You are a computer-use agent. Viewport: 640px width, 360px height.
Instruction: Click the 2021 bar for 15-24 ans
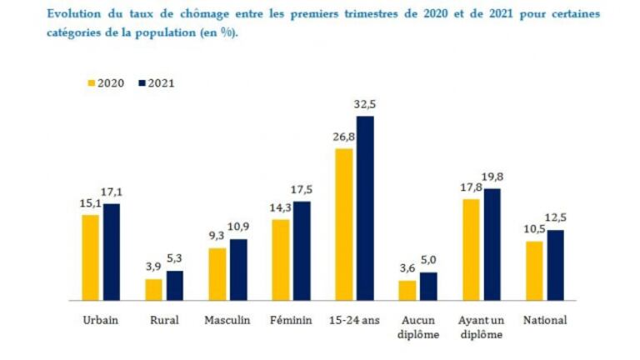[x=364, y=207]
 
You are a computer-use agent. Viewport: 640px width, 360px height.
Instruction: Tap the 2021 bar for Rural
[x=174, y=285]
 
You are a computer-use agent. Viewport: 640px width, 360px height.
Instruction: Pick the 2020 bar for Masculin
[x=217, y=273]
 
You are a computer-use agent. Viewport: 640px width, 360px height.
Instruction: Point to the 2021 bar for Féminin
[x=301, y=250]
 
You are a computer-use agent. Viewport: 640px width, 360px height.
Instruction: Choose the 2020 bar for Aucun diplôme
[x=407, y=290]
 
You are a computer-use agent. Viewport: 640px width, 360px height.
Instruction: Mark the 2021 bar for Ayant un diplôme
[x=492, y=244]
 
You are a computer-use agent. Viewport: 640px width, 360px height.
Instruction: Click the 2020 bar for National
[x=534, y=270]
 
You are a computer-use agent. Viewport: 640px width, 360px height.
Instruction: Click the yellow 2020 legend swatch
[x=92, y=83]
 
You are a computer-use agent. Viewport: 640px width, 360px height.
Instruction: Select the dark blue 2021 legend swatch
[x=142, y=83]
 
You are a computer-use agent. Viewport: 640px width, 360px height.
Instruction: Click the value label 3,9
[x=152, y=267]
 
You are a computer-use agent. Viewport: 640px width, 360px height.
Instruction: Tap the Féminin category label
[x=291, y=320]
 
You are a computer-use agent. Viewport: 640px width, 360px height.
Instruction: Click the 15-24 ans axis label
[x=354, y=320]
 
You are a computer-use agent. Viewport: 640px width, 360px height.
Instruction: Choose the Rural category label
[x=163, y=320]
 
